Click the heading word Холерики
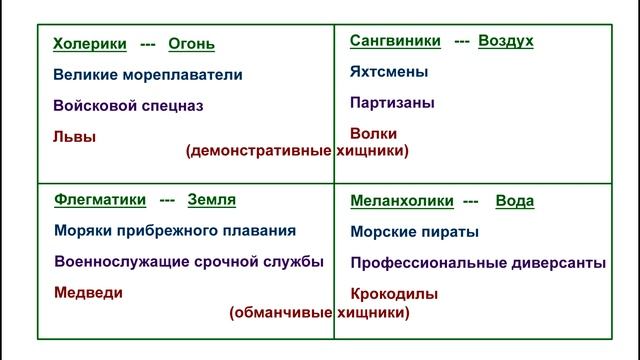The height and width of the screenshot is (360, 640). pyautogui.click(x=89, y=44)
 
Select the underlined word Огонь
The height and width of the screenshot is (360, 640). pyautogui.click(x=191, y=44)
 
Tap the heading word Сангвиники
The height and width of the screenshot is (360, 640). pyautogui.click(x=395, y=41)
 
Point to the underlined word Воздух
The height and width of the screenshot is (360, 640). pyautogui.click(x=506, y=41)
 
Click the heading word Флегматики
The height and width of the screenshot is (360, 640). pyautogui.click(x=99, y=199)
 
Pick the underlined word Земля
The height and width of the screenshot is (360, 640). pyautogui.click(x=212, y=199)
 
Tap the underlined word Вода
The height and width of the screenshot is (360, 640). pyautogui.click(x=514, y=201)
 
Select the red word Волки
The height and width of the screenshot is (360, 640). pyautogui.click(x=373, y=133)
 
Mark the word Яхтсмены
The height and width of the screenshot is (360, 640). pyautogui.click(x=389, y=72)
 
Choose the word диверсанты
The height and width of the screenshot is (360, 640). pyautogui.click(x=559, y=263)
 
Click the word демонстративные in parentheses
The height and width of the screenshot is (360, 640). pyautogui.click(x=261, y=151)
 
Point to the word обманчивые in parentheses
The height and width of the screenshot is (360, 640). pyautogui.click(x=281, y=312)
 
